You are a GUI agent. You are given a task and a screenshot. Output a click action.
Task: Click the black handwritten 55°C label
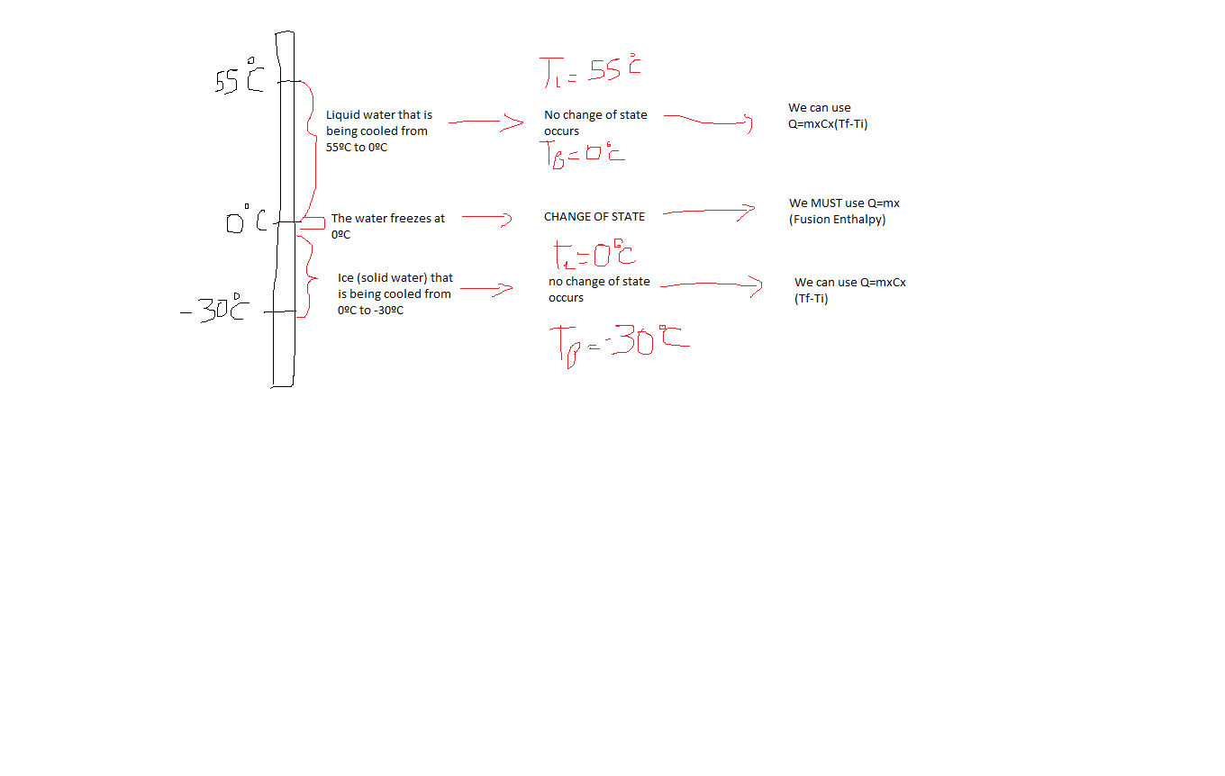pos(240,77)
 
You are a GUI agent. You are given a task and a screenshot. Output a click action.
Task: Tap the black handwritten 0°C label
pos(246,219)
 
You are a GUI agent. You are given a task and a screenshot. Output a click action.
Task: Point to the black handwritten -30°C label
pos(215,308)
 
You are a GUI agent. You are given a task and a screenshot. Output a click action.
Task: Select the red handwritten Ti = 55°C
pos(590,70)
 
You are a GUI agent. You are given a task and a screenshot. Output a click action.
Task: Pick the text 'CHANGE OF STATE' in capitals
pos(594,216)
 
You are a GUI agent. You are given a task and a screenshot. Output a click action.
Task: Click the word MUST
pos(826,203)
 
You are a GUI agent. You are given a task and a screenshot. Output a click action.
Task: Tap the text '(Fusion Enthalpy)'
pos(838,219)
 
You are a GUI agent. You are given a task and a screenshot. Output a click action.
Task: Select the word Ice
pos(346,277)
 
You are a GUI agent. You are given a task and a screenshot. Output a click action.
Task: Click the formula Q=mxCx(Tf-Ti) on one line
pos(828,124)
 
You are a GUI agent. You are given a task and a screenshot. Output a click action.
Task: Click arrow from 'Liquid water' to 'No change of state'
pos(485,122)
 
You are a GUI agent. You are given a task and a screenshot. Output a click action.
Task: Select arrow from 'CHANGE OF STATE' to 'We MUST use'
pos(709,212)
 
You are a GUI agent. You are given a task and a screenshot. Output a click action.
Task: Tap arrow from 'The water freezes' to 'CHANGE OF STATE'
pos(486,218)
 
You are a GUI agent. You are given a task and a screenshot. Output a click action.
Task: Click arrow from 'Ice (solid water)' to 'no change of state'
pos(486,289)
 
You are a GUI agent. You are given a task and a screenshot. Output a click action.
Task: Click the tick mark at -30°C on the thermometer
pos(280,312)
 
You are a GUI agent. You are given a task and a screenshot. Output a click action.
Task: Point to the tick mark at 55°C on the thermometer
pos(289,82)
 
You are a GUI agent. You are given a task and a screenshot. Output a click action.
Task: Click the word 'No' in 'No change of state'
pos(551,115)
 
